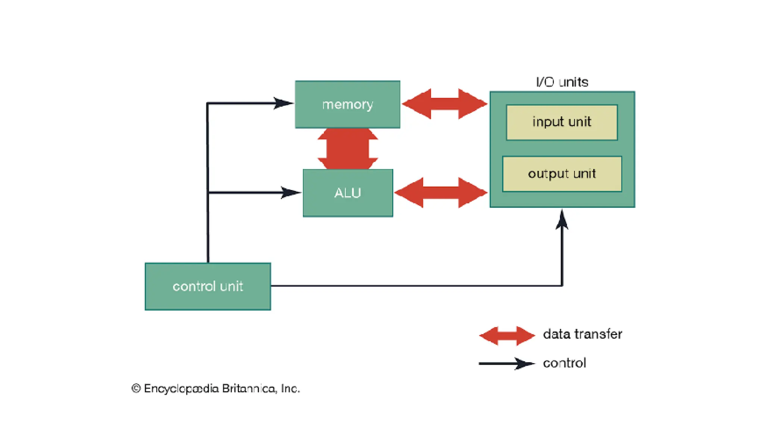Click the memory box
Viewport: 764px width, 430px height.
click(347, 105)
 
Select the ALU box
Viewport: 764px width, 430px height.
click(348, 193)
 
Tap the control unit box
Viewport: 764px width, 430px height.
click(208, 286)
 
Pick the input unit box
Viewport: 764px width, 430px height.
click(561, 122)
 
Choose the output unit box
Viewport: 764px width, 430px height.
click(562, 174)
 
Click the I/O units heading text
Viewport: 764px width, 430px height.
click(562, 82)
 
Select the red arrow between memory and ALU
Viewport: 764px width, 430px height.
click(348, 149)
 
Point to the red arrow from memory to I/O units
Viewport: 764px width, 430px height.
click(444, 104)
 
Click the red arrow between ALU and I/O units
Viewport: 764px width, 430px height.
click(441, 193)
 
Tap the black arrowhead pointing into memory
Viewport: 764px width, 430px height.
click(284, 103)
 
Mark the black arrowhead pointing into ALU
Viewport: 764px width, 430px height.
click(291, 193)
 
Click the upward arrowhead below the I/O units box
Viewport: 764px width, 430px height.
click(562, 220)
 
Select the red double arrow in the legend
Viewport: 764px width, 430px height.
click(507, 336)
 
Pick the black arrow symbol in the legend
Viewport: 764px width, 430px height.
click(507, 363)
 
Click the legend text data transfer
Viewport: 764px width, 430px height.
click(582, 334)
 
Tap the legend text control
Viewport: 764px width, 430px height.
click(564, 363)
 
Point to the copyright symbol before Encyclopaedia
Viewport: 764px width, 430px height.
click(136, 389)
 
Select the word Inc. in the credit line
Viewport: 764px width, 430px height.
click(290, 389)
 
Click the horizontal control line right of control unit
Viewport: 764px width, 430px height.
click(410, 286)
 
